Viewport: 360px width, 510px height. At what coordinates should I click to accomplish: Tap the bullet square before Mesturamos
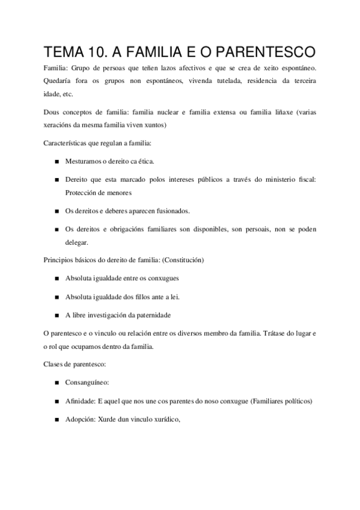pyautogui.click(x=56, y=162)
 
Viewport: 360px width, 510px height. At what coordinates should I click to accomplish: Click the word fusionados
pyautogui.click(x=171, y=211)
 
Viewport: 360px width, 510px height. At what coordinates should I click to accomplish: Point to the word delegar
pyautogui.click(x=76, y=242)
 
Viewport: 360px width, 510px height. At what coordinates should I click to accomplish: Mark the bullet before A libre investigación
pyautogui.click(x=56, y=315)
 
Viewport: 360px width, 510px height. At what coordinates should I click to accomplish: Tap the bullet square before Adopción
pyautogui.click(x=56, y=419)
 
